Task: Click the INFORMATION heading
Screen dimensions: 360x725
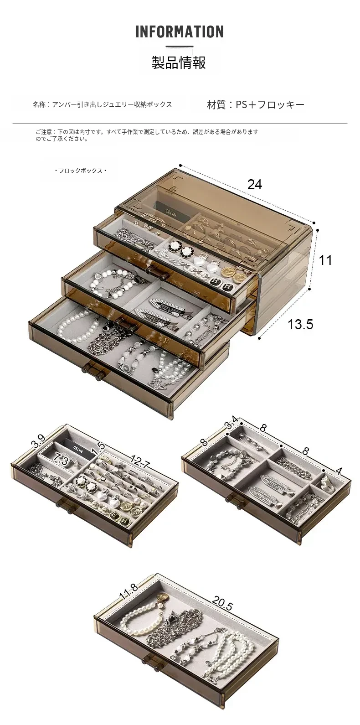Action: pos(180,31)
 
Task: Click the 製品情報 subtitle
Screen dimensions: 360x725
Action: pos(179,62)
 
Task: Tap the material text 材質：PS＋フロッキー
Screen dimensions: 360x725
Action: pos(256,105)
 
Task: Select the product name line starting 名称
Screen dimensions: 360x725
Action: pos(102,104)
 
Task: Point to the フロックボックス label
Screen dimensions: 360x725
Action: pos(81,171)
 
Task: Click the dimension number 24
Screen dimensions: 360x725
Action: pos(255,185)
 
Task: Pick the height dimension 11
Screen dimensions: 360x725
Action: pos(325,260)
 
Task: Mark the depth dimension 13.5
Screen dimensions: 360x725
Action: pos(300,324)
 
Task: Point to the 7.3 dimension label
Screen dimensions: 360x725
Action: pos(61,459)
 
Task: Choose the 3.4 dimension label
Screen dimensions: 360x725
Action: pos(231,422)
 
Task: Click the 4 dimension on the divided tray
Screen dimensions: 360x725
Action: pos(338,471)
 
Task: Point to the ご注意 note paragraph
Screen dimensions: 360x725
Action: pos(147,135)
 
